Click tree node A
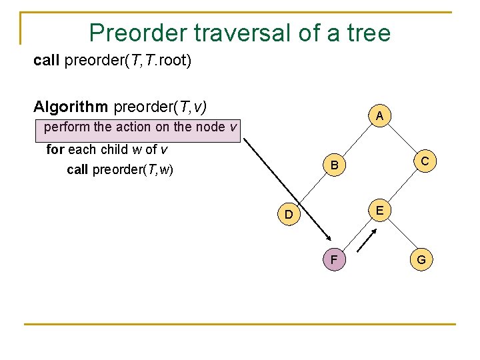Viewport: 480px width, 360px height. [379, 116]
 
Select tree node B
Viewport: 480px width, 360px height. [335, 165]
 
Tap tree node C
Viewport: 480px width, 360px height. [423, 161]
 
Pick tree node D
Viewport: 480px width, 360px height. [288, 215]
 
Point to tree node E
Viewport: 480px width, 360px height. [378, 210]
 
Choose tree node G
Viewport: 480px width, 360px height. [422, 259]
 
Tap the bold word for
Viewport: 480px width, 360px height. [54, 149]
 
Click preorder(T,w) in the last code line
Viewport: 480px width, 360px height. [133, 170]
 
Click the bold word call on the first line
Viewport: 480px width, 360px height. [47, 61]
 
